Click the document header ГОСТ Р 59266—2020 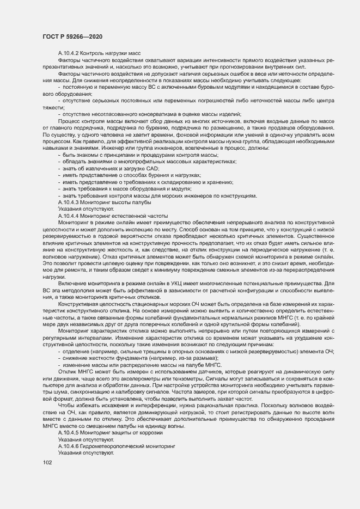tap(72, 36)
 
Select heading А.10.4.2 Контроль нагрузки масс tap(100, 52)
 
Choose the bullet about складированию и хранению tap(148, 182)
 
